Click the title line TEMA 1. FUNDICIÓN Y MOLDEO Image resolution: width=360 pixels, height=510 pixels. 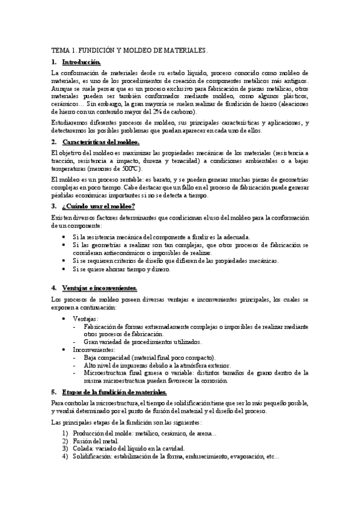click(x=129, y=52)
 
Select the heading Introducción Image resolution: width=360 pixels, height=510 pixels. click(x=81, y=62)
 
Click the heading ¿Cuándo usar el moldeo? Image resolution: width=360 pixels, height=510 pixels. click(x=99, y=206)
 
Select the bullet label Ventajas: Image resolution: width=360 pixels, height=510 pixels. click(x=86, y=318)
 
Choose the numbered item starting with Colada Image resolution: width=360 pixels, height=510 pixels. click(x=129, y=449)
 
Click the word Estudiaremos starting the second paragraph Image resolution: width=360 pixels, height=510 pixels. click(x=69, y=123)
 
